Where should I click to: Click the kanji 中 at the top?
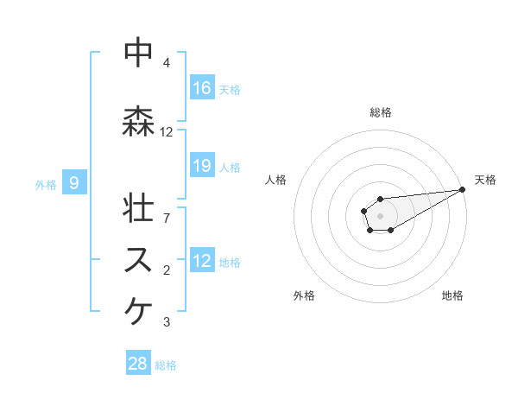click(x=139, y=52)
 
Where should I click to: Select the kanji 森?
click(x=139, y=121)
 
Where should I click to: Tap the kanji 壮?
click(x=139, y=207)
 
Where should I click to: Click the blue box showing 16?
click(x=202, y=88)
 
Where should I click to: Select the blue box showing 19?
click(x=202, y=167)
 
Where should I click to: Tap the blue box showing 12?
click(x=202, y=261)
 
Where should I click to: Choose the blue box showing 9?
click(x=75, y=182)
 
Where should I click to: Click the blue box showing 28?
click(x=138, y=364)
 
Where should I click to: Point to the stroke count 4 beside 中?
click(x=167, y=63)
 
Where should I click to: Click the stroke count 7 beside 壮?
click(x=167, y=218)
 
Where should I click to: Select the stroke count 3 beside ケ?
click(x=167, y=322)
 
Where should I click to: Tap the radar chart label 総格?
click(x=381, y=112)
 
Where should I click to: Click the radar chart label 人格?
click(x=276, y=180)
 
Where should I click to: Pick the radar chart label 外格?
click(x=304, y=295)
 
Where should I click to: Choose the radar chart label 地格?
click(x=452, y=295)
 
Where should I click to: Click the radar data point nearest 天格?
click(x=463, y=190)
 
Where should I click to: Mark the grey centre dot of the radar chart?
click(x=380, y=215)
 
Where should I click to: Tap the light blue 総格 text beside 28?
click(x=167, y=365)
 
